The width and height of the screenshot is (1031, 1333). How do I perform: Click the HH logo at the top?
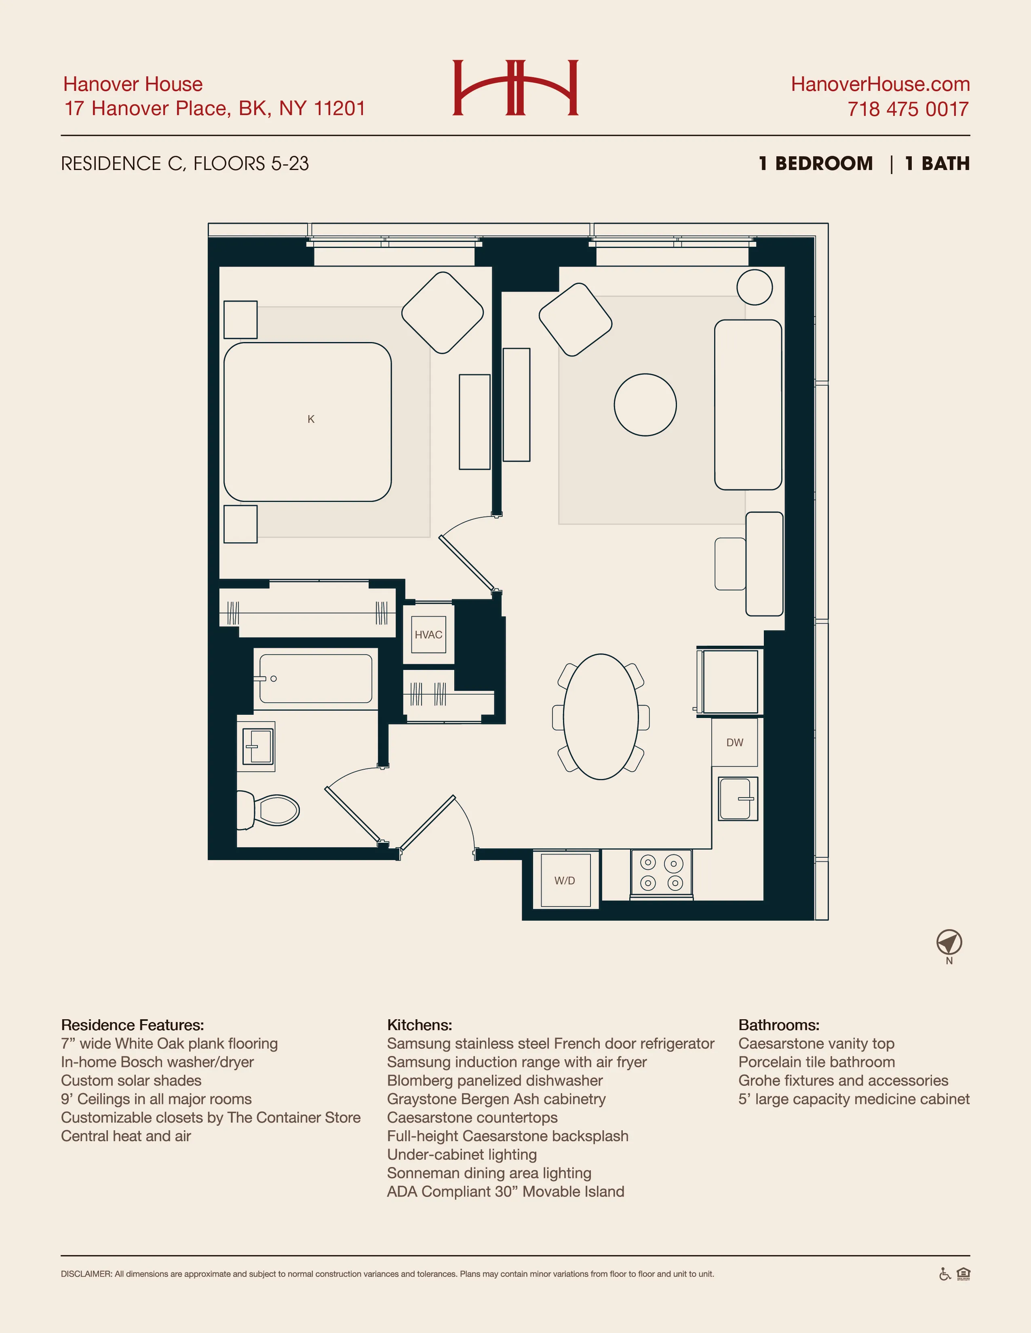point(515,87)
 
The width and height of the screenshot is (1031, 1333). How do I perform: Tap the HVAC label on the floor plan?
point(428,635)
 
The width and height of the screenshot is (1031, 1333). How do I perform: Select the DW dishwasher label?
point(734,743)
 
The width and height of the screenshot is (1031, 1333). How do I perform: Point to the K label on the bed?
point(311,419)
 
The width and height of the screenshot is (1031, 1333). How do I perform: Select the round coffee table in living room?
point(645,405)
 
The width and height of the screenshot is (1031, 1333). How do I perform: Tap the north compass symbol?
point(949,943)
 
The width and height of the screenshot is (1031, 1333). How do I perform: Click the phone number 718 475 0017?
point(908,109)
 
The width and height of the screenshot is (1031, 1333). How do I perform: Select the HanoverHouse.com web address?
point(880,84)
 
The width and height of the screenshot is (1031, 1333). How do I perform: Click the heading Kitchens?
point(420,1025)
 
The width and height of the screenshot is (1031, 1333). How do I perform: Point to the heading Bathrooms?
point(779,1025)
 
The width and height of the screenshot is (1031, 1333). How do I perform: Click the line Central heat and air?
point(126,1136)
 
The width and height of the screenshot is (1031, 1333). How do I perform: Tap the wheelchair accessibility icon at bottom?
point(944,1274)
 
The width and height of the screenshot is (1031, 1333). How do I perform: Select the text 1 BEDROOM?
point(816,164)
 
